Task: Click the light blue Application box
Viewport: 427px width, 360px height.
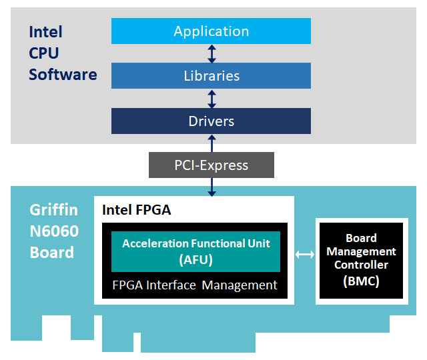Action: click(x=211, y=31)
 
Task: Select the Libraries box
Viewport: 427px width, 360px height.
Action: click(x=211, y=75)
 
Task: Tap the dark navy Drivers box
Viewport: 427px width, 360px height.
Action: click(x=211, y=121)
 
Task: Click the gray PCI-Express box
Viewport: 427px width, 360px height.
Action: click(x=211, y=165)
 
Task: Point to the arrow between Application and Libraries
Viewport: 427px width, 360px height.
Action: click(x=212, y=53)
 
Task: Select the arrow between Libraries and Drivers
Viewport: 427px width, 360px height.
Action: click(x=212, y=99)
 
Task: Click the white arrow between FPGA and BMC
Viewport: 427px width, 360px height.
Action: click(x=305, y=255)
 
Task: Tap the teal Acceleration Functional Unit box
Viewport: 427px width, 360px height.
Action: click(x=195, y=252)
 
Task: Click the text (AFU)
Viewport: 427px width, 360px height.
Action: click(x=195, y=260)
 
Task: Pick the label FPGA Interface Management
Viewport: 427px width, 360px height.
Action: click(x=195, y=285)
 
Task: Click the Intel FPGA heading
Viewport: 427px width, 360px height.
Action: click(x=136, y=210)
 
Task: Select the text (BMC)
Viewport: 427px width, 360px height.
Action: click(x=361, y=281)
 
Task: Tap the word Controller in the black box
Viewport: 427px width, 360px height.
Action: click(x=361, y=265)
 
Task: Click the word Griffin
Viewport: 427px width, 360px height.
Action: click(x=53, y=211)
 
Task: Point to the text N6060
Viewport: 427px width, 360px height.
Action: click(x=54, y=231)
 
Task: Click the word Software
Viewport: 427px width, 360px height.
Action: click(x=63, y=75)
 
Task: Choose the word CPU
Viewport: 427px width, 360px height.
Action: click(x=44, y=53)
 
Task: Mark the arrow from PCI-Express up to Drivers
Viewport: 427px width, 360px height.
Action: click(x=212, y=143)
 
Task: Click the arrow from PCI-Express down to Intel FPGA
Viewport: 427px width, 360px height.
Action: click(x=212, y=187)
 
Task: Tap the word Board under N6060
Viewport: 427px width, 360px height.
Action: click(x=52, y=252)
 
